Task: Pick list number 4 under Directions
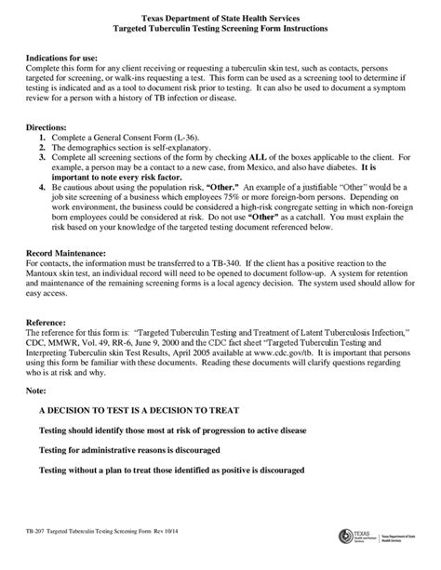click(42, 186)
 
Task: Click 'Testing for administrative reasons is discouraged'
click(152, 451)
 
